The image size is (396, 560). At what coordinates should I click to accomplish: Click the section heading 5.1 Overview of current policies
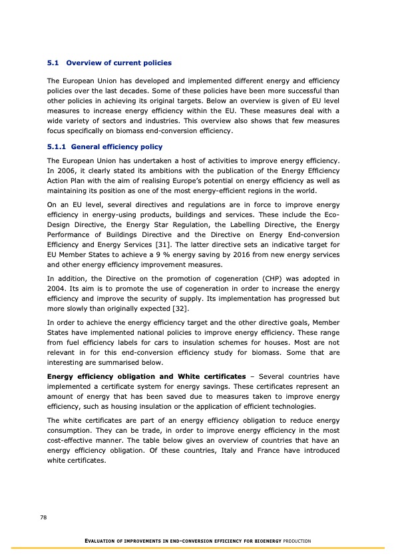109,63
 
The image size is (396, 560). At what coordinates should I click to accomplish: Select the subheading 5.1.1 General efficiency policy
104,146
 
